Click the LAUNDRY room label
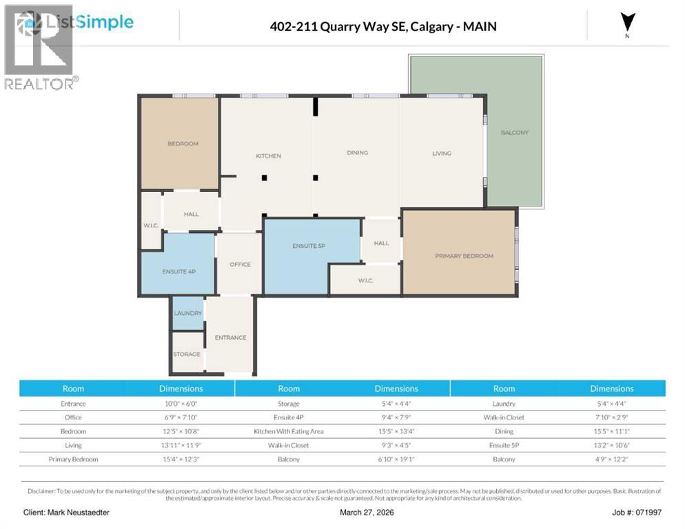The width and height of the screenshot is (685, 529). coord(188,313)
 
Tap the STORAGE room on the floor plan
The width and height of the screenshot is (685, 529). coord(187,354)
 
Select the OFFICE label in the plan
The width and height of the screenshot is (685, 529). coord(240,264)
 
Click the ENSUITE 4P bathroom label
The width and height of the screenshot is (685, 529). coord(179,272)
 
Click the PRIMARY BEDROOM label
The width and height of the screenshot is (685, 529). coord(464,256)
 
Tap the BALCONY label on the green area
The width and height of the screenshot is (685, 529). coord(514,132)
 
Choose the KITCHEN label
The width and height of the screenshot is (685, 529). coord(268,156)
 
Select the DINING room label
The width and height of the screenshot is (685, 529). coord(357,153)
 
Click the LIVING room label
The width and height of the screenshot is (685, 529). coord(442,154)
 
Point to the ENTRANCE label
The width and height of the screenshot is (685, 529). coord(230,338)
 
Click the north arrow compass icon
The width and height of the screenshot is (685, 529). coord(627,23)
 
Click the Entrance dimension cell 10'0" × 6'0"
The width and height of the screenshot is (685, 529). coord(181,404)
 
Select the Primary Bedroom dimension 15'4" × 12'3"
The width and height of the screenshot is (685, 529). coord(181,459)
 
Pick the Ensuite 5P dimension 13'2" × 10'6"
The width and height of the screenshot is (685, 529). coord(611,445)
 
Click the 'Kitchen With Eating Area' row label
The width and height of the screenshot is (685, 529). coord(288,431)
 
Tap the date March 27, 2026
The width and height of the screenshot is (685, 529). coord(366,512)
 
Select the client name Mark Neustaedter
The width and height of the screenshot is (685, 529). coord(66,512)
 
